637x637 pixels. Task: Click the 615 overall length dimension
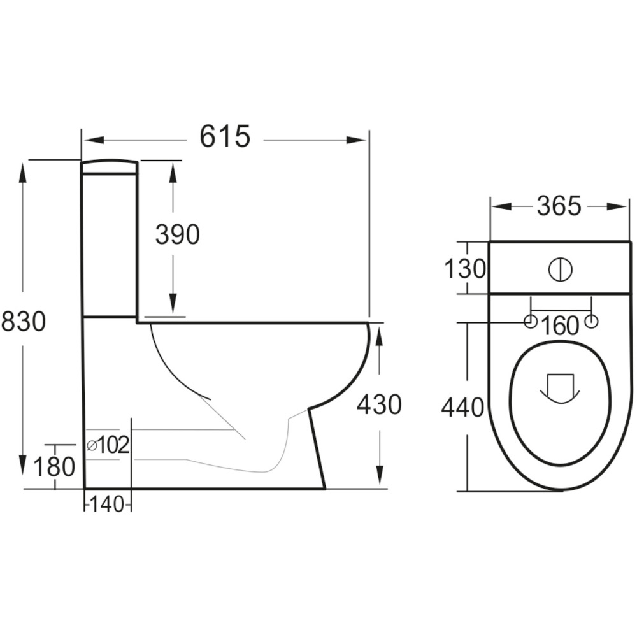point(225,136)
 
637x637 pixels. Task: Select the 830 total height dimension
point(24,322)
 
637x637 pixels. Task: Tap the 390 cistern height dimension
point(178,235)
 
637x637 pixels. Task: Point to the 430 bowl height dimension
point(379,404)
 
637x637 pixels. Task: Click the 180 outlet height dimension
point(55,467)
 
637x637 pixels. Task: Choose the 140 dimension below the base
point(108,505)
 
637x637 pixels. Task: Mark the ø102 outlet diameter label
point(108,445)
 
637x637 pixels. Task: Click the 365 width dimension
point(559,206)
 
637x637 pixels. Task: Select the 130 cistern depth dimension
point(464,269)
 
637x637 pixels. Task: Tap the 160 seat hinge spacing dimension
point(561,326)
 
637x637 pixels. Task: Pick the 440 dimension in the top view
point(463,407)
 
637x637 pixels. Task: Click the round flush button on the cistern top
point(560,269)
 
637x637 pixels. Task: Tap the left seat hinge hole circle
point(530,322)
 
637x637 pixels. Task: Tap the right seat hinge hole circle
point(592,322)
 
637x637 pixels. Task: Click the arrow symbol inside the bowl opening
point(560,387)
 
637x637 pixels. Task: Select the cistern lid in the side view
point(109,166)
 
